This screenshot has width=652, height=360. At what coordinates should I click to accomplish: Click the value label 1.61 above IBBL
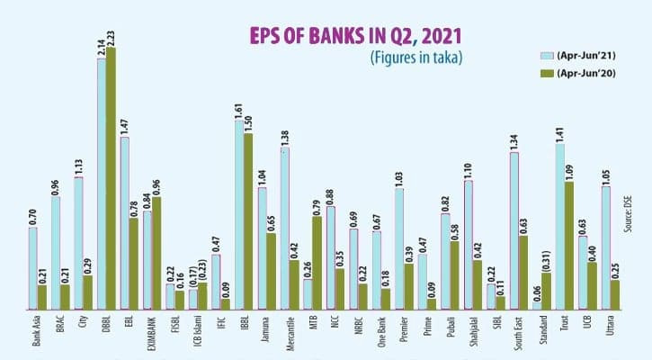[238, 111]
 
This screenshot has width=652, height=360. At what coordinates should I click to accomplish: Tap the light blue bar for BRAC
[56, 252]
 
